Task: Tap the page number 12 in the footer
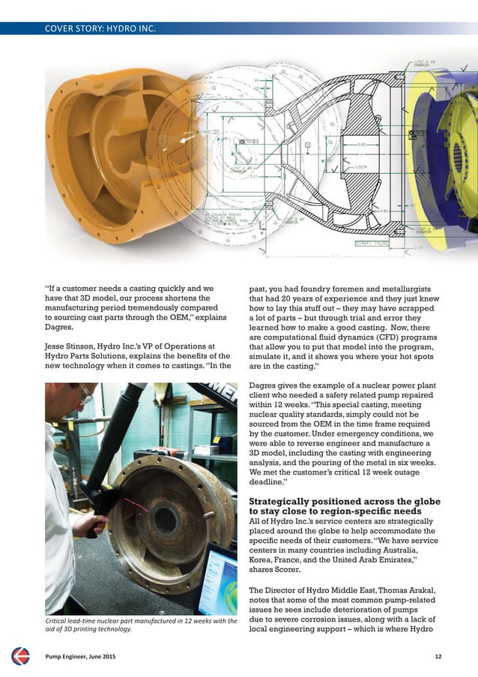438,657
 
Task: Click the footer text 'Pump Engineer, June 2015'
81,657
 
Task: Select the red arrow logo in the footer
20,656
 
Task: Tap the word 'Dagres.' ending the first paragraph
60,327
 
